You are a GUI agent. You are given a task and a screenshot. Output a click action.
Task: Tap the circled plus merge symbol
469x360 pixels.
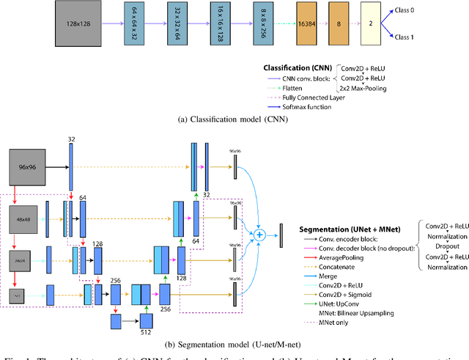click(258, 235)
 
